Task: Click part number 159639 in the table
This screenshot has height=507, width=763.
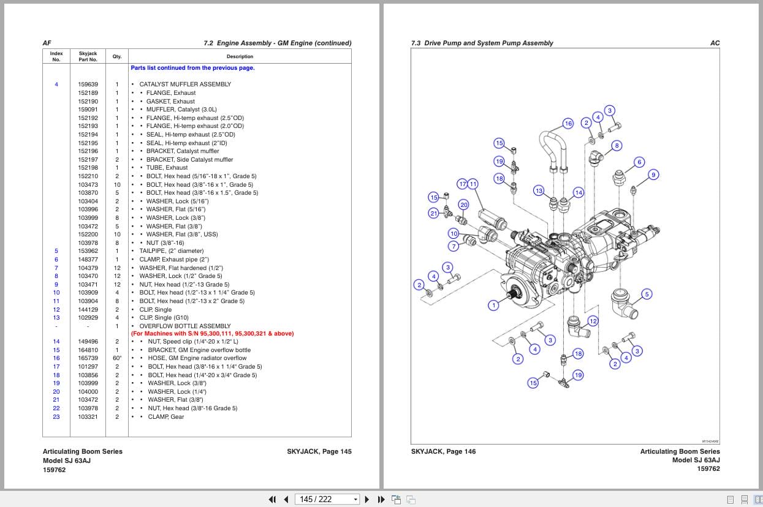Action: click(88, 85)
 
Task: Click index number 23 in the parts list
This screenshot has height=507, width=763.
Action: click(56, 417)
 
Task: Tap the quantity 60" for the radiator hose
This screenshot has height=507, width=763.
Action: click(117, 358)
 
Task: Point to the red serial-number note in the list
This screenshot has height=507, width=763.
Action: click(212, 334)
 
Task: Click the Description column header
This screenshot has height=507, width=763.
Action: click(240, 56)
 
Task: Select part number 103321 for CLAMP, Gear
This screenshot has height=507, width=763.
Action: click(88, 417)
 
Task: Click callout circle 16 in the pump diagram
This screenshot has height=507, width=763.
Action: click(568, 124)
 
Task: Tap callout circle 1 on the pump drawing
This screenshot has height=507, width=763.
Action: click(493, 305)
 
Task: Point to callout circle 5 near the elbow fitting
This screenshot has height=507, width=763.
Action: click(647, 294)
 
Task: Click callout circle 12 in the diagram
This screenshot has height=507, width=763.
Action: click(593, 321)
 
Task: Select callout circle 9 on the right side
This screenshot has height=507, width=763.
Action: click(653, 175)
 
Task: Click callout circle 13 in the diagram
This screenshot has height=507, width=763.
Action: click(539, 190)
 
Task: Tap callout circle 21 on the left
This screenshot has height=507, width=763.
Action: click(434, 213)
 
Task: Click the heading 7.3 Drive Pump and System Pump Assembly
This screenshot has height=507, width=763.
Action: click(482, 43)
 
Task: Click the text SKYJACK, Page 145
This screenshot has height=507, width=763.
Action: click(319, 452)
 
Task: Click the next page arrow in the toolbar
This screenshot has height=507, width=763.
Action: click(367, 499)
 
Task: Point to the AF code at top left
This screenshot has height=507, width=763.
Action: click(47, 43)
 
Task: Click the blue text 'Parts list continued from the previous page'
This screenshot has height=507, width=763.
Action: click(192, 68)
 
